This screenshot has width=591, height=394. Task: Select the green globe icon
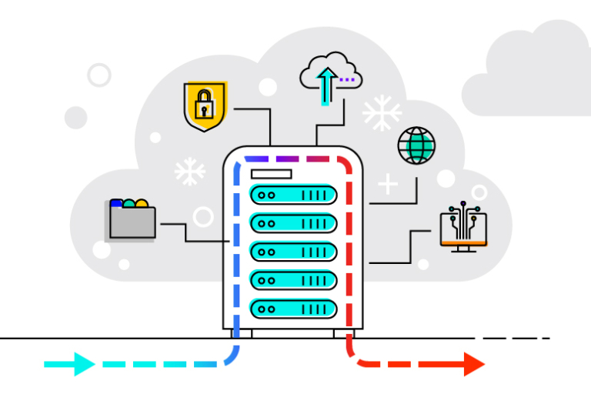coord(416,145)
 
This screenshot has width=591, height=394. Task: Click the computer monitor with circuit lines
coord(463,228)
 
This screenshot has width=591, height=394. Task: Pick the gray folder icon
coord(132,219)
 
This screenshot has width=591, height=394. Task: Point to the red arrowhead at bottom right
coord(473,363)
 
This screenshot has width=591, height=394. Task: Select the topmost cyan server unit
coord(293,195)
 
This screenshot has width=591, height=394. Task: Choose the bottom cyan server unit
coord(293,309)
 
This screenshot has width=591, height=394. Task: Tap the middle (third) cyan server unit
coord(293,252)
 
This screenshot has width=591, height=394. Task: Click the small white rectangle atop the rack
coord(271,173)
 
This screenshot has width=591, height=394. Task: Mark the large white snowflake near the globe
coord(382,113)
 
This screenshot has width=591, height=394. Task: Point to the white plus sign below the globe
coord(388,184)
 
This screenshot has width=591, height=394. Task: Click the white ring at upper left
coord(99,75)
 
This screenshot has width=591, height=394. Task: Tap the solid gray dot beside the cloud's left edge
coord(75,118)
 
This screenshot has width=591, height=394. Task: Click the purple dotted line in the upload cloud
coord(348,78)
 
